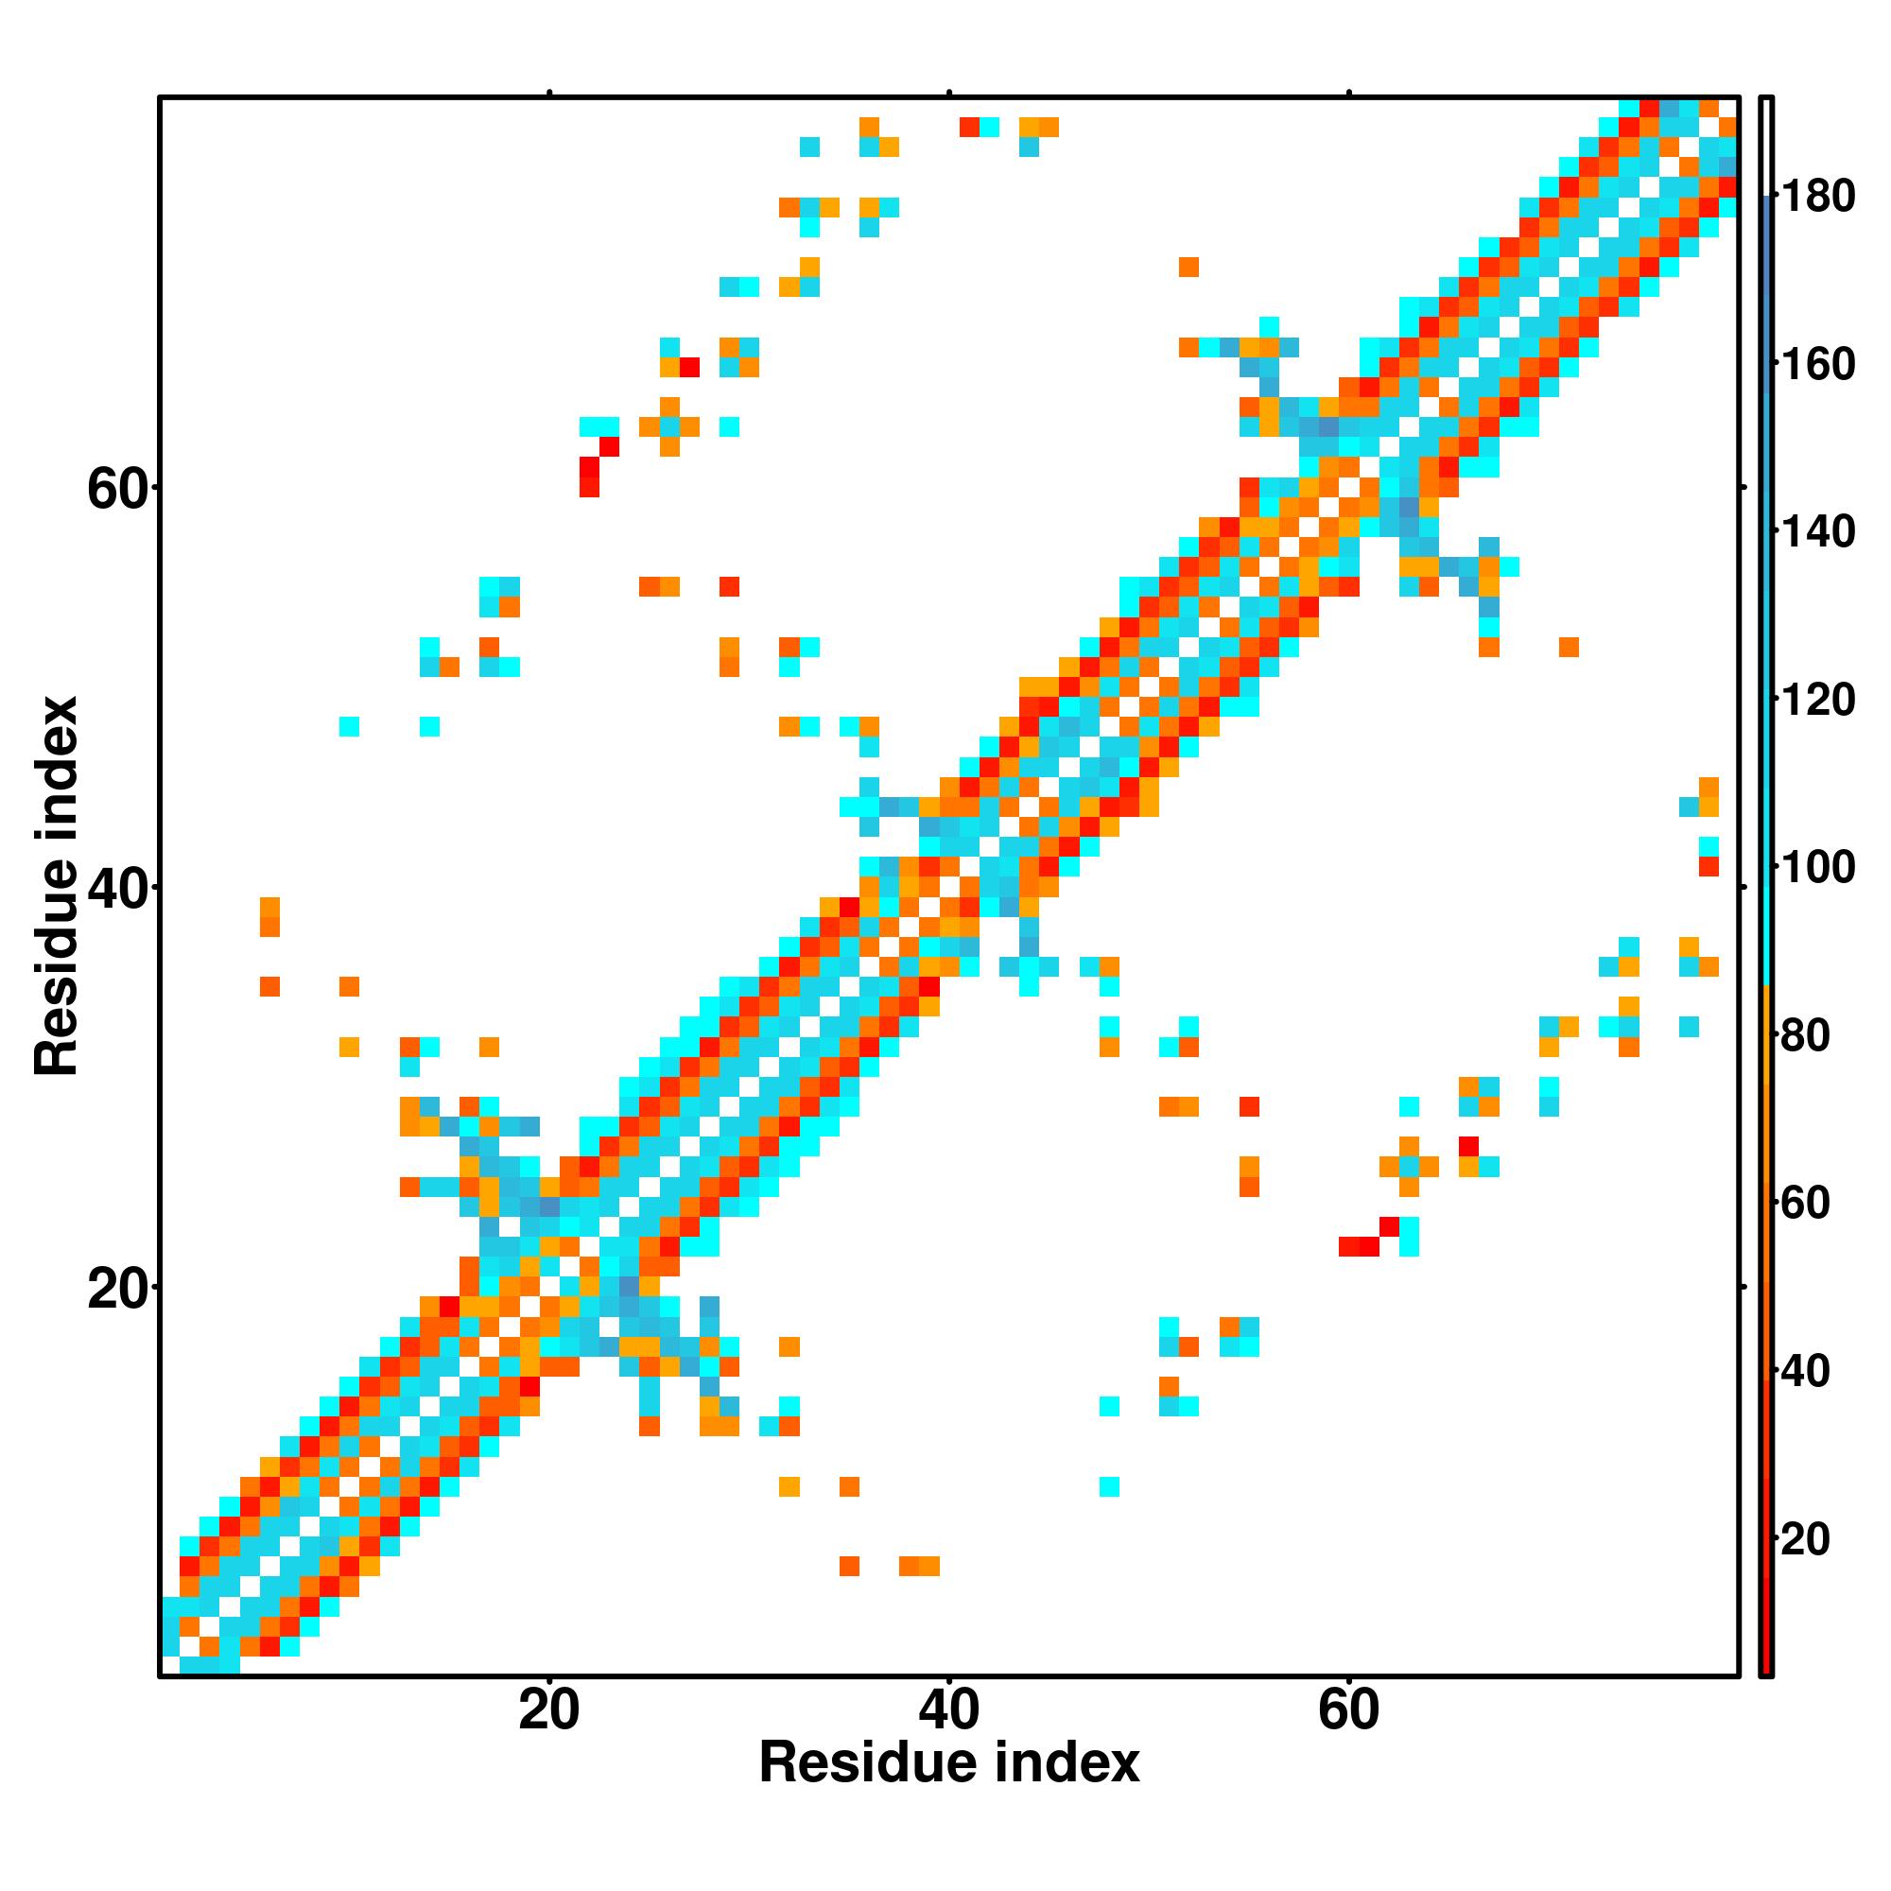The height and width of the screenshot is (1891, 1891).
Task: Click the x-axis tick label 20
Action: pos(549,1712)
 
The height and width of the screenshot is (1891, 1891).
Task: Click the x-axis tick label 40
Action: pos(948,1712)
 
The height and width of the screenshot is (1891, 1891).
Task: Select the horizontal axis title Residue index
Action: pos(948,1763)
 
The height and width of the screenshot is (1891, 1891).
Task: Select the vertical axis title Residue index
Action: pos(57,886)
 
